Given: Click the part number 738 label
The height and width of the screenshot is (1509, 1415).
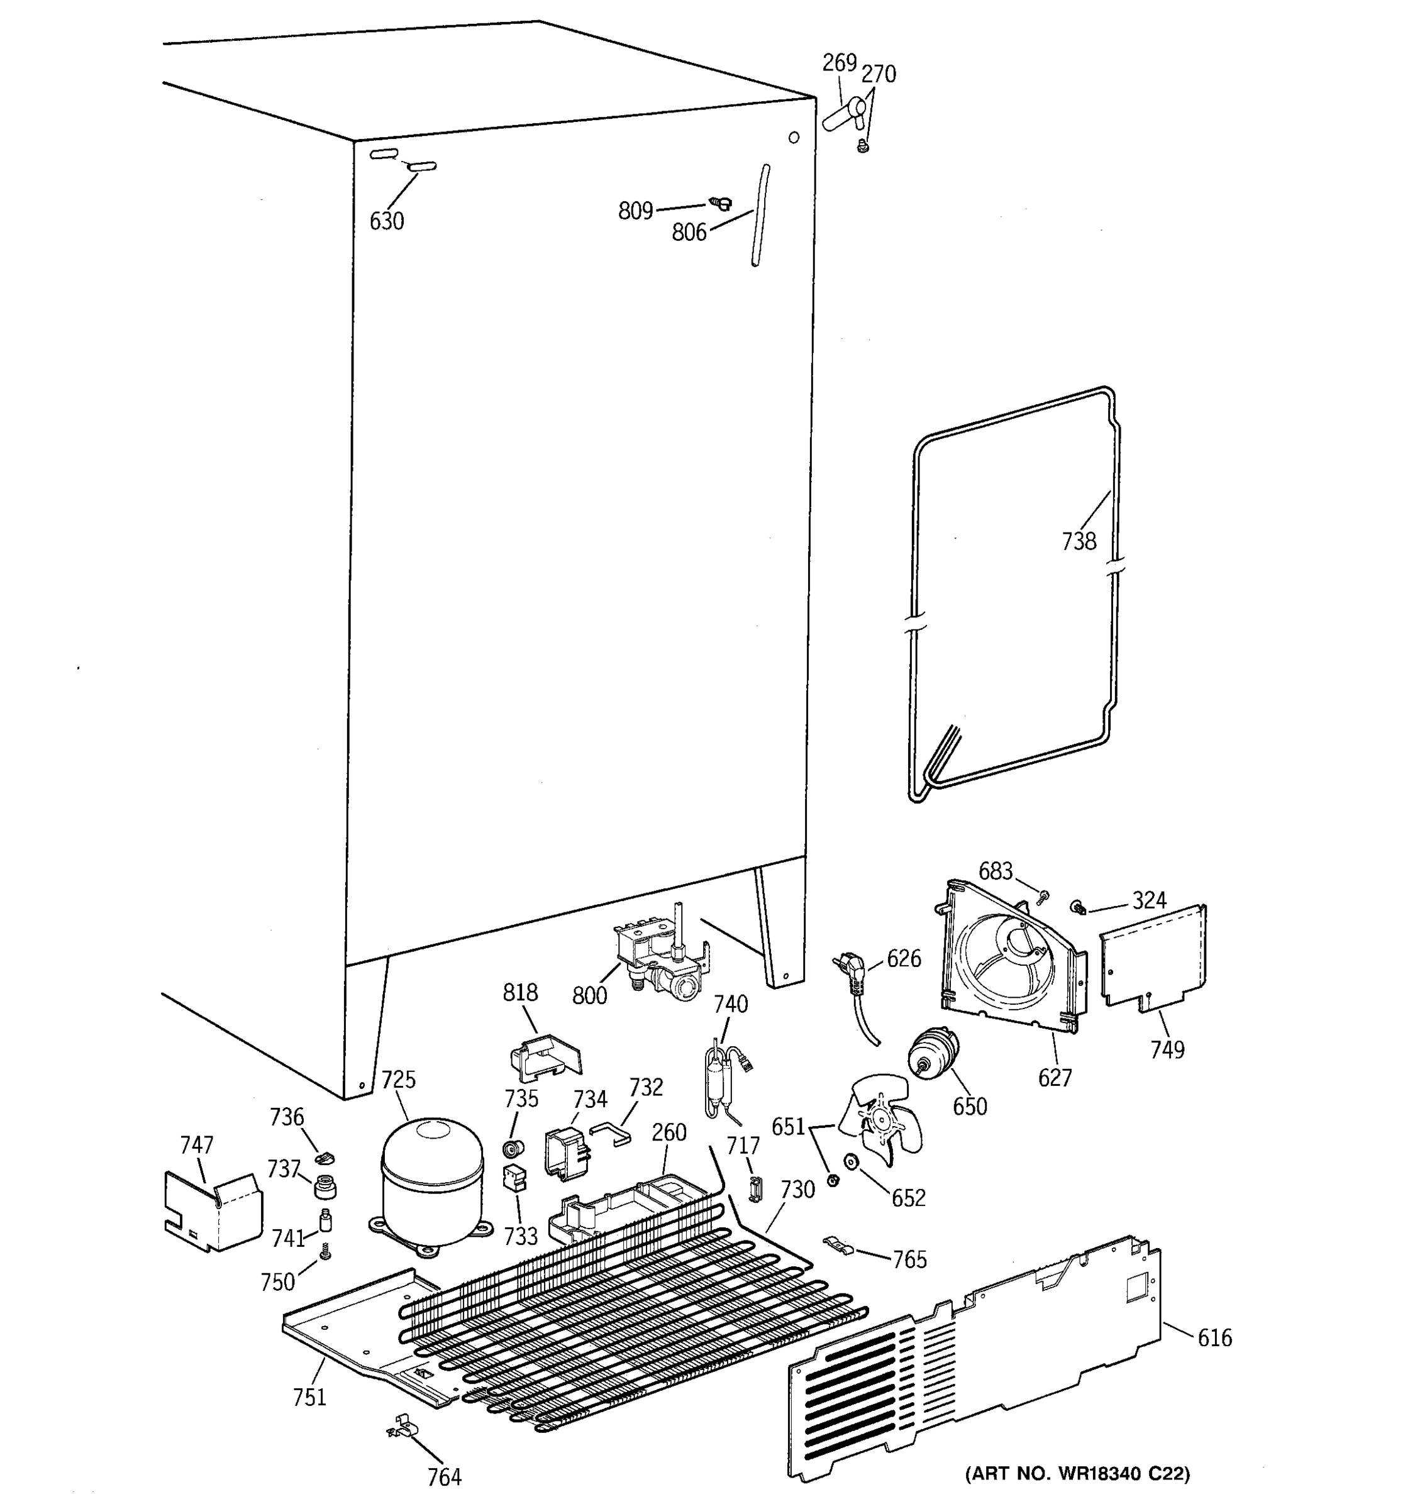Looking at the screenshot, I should coord(1079,541).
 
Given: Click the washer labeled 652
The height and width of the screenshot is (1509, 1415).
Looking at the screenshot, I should coord(849,1161).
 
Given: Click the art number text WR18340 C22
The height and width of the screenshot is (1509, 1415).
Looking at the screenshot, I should coord(1077,1474).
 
